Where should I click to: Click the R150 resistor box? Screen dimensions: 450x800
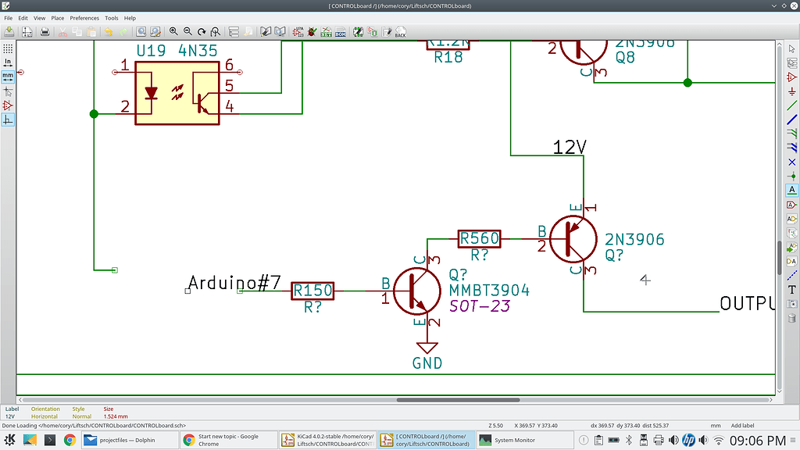(x=312, y=291)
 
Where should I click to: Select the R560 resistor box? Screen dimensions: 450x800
(x=479, y=238)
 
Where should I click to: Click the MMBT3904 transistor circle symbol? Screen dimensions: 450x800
(x=416, y=291)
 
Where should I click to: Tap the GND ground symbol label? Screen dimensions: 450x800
(x=427, y=363)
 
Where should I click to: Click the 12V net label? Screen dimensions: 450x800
(x=569, y=147)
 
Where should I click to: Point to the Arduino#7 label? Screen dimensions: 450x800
(x=234, y=283)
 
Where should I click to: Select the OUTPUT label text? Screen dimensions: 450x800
(x=747, y=303)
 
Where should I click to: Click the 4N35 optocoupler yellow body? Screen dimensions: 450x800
(x=177, y=93)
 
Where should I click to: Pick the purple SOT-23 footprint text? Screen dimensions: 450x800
(x=479, y=306)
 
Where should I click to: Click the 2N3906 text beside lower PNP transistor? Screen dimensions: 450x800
(x=634, y=239)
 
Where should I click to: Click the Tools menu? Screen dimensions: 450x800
(x=112, y=18)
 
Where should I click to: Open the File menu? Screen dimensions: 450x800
(x=9, y=18)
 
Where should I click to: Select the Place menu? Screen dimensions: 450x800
(x=58, y=18)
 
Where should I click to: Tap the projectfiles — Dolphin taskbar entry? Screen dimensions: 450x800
(x=127, y=440)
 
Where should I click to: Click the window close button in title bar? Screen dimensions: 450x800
(x=791, y=5)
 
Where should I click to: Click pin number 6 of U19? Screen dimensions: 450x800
(x=229, y=65)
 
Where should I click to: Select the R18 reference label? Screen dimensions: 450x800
(x=448, y=58)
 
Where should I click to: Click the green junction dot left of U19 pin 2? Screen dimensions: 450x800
(x=94, y=114)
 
